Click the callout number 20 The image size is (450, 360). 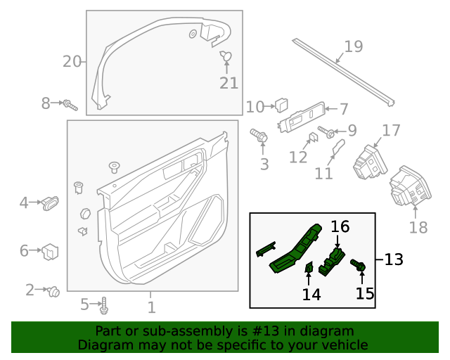72,62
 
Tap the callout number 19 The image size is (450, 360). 353,47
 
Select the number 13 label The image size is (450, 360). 394,259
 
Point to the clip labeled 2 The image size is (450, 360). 52,291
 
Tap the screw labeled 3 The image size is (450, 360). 260,136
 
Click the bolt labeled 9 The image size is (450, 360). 327,131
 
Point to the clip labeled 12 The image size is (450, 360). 314,138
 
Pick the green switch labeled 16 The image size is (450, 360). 332,260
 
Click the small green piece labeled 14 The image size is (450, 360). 308,266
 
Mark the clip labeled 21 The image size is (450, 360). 226,56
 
